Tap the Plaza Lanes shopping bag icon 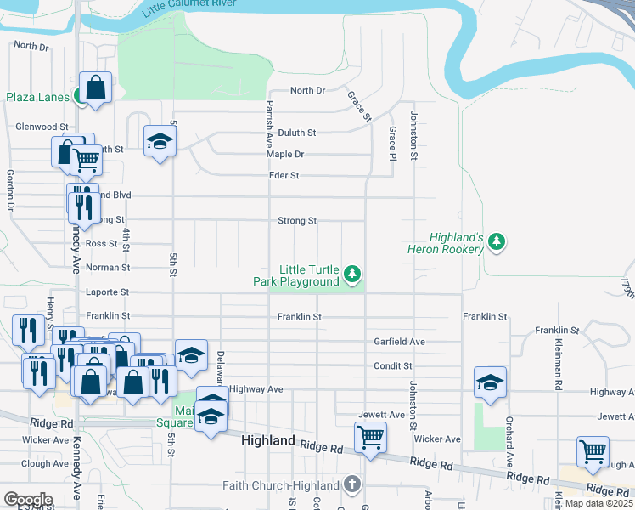[96, 88]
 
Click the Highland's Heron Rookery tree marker [497, 243]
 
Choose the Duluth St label [296, 133]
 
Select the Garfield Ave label [399, 342]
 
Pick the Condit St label [393, 366]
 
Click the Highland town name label [267, 441]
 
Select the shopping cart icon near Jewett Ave [370, 438]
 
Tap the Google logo [28, 500]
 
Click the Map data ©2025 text [598, 503]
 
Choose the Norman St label [113, 268]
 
